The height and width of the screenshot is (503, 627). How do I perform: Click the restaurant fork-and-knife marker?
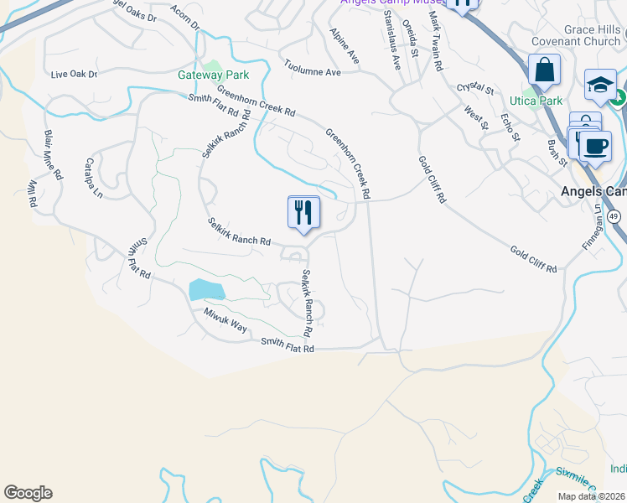coord(303,212)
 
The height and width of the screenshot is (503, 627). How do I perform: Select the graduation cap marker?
coord(600,84)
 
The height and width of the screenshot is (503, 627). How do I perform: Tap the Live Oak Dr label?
coord(74,75)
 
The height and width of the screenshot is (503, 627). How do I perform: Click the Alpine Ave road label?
coord(345,45)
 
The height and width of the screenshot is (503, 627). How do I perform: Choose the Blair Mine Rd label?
coord(54,156)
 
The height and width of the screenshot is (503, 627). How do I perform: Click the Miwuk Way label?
coord(225,320)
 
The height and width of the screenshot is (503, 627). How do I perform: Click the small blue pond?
coord(206,290)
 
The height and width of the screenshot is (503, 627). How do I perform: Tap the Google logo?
coord(28,493)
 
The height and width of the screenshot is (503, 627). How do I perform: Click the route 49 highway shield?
coord(615,216)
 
